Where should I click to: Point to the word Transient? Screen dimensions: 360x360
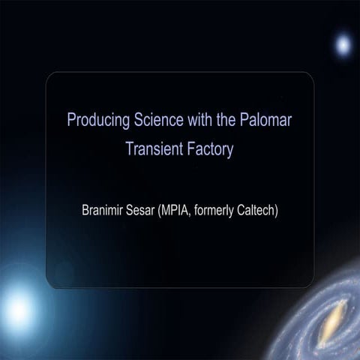coord(154,148)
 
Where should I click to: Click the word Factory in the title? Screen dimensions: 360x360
coord(209,148)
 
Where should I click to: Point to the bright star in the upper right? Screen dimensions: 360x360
coord(343,46)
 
